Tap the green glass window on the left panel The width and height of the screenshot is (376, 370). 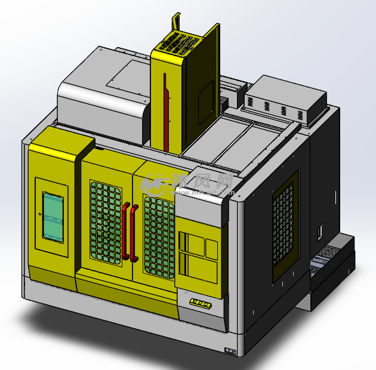click(x=53, y=217)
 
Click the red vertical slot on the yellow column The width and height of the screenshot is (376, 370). click(x=167, y=116)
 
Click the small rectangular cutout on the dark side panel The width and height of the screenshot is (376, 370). click(x=319, y=230)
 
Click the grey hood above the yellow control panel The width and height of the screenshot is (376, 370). click(x=202, y=206)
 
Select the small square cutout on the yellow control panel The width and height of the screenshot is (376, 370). click(x=211, y=246)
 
